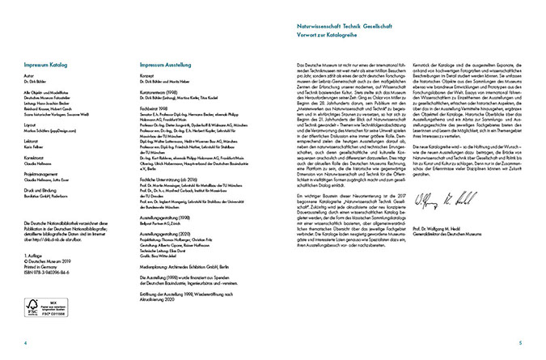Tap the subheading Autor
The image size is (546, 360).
coord(31,73)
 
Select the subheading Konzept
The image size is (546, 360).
coord(148,73)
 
